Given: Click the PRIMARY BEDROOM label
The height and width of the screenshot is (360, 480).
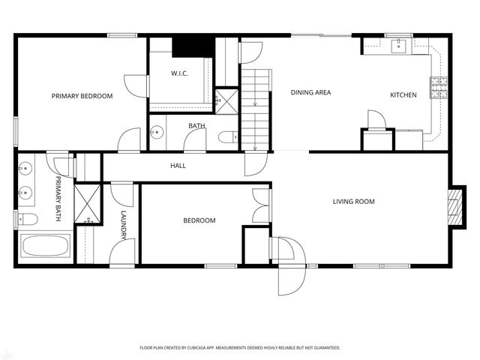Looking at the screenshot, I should (x=82, y=96).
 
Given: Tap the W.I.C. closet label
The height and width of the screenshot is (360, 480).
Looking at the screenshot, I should (x=178, y=73).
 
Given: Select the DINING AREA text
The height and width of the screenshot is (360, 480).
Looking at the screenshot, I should (x=310, y=93).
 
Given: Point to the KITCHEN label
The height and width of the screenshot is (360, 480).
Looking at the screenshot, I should (x=403, y=94).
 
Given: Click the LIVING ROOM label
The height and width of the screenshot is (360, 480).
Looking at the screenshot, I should (x=353, y=201).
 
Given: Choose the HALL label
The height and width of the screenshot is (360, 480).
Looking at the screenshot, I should (x=178, y=166).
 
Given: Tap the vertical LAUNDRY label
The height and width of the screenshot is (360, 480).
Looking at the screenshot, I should (x=123, y=224).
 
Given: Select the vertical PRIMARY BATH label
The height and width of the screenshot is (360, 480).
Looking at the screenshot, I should (x=58, y=198).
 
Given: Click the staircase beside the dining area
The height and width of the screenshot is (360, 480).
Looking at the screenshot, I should (x=254, y=105).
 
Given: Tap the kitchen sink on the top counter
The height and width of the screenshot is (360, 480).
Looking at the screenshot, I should (x=399, y=46).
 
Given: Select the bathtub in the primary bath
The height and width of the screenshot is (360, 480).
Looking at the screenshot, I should (x=46, y=246).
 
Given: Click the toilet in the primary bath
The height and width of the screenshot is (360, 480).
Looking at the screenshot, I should (x=27, y=219).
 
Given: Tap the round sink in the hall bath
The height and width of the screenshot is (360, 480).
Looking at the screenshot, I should (x=156, y=133).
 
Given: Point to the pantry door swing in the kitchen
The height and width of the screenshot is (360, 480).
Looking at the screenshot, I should (x=374, y=120).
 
